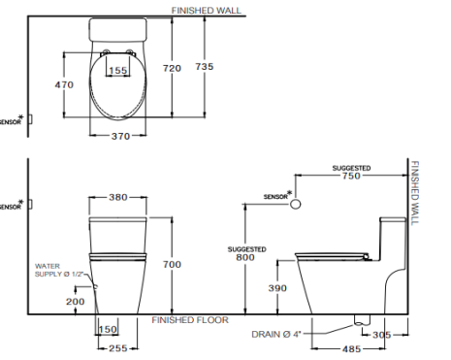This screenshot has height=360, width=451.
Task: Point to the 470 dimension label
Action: [64, 85]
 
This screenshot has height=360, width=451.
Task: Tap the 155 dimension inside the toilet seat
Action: [117, 70]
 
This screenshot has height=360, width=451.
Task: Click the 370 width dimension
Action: [119, 137]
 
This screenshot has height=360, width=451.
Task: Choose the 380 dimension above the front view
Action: [117, 197]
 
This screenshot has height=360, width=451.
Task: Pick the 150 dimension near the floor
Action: [109, 330]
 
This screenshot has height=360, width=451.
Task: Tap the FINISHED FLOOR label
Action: [190, 319]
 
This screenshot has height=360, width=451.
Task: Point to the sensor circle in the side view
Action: [298, 204]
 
